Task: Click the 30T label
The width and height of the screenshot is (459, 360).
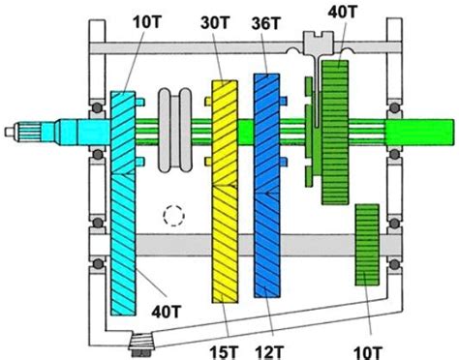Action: [215, 23]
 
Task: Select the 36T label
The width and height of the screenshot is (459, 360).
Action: [266, 23]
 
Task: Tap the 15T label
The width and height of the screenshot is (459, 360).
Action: [224, 352]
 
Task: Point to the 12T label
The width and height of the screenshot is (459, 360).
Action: [269, 352]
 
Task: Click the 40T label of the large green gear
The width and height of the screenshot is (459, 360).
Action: [343, 13]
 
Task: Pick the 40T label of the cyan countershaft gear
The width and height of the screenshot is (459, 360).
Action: [167, 312]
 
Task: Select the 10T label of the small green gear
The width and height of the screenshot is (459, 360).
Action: [368, 352]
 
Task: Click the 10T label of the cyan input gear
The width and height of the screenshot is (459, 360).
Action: [147, 21]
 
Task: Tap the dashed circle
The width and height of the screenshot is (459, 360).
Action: [173, 215]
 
